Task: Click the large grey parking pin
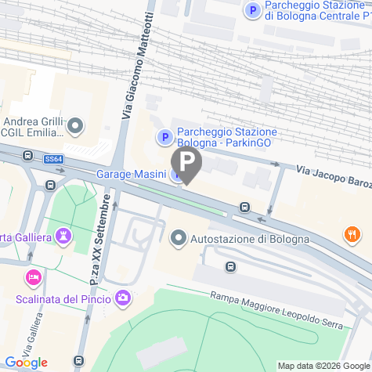point(186,164)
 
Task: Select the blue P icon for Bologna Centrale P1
point(252,10)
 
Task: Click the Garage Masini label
point(131,174)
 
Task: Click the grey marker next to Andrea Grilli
point(75,125)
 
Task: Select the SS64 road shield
point(53,159)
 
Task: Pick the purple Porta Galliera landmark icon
point(64,236)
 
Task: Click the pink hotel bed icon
point(33,277)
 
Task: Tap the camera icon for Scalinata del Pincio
point(123,298)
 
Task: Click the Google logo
point(27,362)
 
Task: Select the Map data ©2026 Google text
point(323,366)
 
